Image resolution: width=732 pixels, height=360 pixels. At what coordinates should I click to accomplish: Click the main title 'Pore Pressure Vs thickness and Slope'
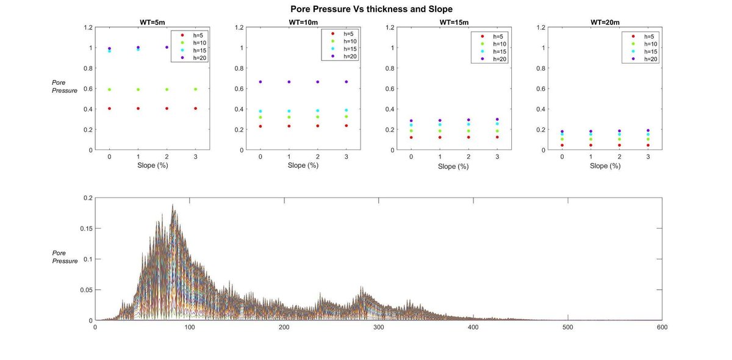pyautogui.click(x=371, y=9)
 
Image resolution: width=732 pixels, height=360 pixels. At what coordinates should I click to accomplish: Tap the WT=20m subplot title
pyautogui.click(x=605, y=23)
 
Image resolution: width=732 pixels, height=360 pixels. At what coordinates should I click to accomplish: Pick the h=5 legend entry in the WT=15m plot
pyautogui.click(x=493, y=37)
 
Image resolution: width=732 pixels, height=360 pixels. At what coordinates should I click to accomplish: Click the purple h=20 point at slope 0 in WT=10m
pyautogui.click(x=260, y=82)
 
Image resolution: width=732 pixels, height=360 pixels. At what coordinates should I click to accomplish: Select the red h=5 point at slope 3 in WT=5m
pyautogui.click(x=195, y=109)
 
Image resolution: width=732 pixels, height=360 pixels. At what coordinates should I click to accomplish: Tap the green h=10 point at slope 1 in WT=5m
pyautogui.click(x=138, y=90)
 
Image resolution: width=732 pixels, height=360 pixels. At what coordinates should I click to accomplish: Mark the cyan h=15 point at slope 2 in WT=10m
pyautogui.click(x=318, y=110)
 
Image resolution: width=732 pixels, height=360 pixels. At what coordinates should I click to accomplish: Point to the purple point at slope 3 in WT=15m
pyautogui.click(x=497, y=120)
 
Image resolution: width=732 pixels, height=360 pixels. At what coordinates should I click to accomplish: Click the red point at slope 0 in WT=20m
pyautogui.click(x=562, y=145)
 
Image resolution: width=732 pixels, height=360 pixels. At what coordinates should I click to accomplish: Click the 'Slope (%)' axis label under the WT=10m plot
pyautogui.click(x=303, y=165)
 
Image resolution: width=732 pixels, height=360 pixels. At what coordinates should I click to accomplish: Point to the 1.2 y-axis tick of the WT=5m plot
pyautogui.click(x=88, y=27)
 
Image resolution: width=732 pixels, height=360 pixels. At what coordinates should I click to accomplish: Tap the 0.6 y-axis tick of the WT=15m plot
pyautogui.click(x=390, y=88)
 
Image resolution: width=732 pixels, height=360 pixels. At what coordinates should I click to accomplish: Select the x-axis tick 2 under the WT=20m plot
pyautogui.click(x=619, y=157)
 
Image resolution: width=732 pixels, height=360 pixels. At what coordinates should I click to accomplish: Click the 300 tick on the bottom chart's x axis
pyautogui.click(x=379, y=327)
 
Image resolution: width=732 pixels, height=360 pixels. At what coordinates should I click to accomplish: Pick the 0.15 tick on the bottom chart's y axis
pyautogui.click(x=86, y=229)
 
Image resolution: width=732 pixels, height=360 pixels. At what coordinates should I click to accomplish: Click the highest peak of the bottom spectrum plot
pyautogui.click(x=173, y=204)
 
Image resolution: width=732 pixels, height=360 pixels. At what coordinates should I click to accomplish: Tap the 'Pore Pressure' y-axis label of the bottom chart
pyautogui.click(x=65, y=257)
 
